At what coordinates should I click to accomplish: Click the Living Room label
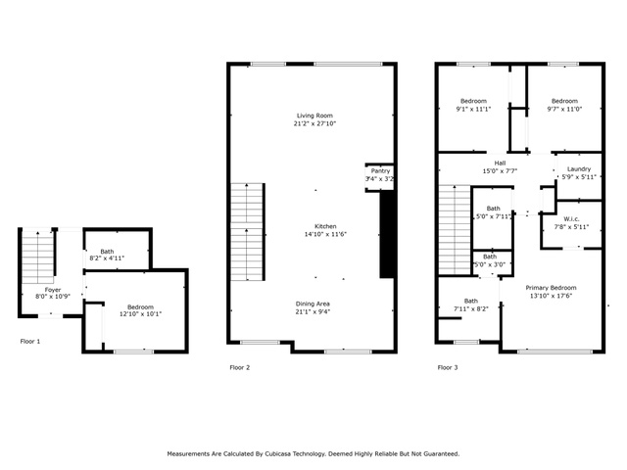pos(314,116)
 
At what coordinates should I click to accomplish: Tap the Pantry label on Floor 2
pos(380,170)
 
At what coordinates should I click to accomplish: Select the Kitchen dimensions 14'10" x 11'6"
pos(325,234)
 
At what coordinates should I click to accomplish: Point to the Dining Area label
pos(313,304)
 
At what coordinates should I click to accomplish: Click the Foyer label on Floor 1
pos(53,290)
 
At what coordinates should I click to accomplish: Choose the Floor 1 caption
pos(30,342)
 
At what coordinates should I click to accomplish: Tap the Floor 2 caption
pos(239,367)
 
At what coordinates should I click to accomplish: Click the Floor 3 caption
pos(448,367)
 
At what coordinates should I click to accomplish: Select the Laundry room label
pos(579,169)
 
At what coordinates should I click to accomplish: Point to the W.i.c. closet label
pos(571,219)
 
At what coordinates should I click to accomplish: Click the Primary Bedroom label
pos(551,288)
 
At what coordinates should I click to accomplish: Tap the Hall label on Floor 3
pos(500,164)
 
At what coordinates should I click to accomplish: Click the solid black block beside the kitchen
pos(387,234)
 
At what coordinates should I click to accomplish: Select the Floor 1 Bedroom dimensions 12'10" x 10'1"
pos(140,314)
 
